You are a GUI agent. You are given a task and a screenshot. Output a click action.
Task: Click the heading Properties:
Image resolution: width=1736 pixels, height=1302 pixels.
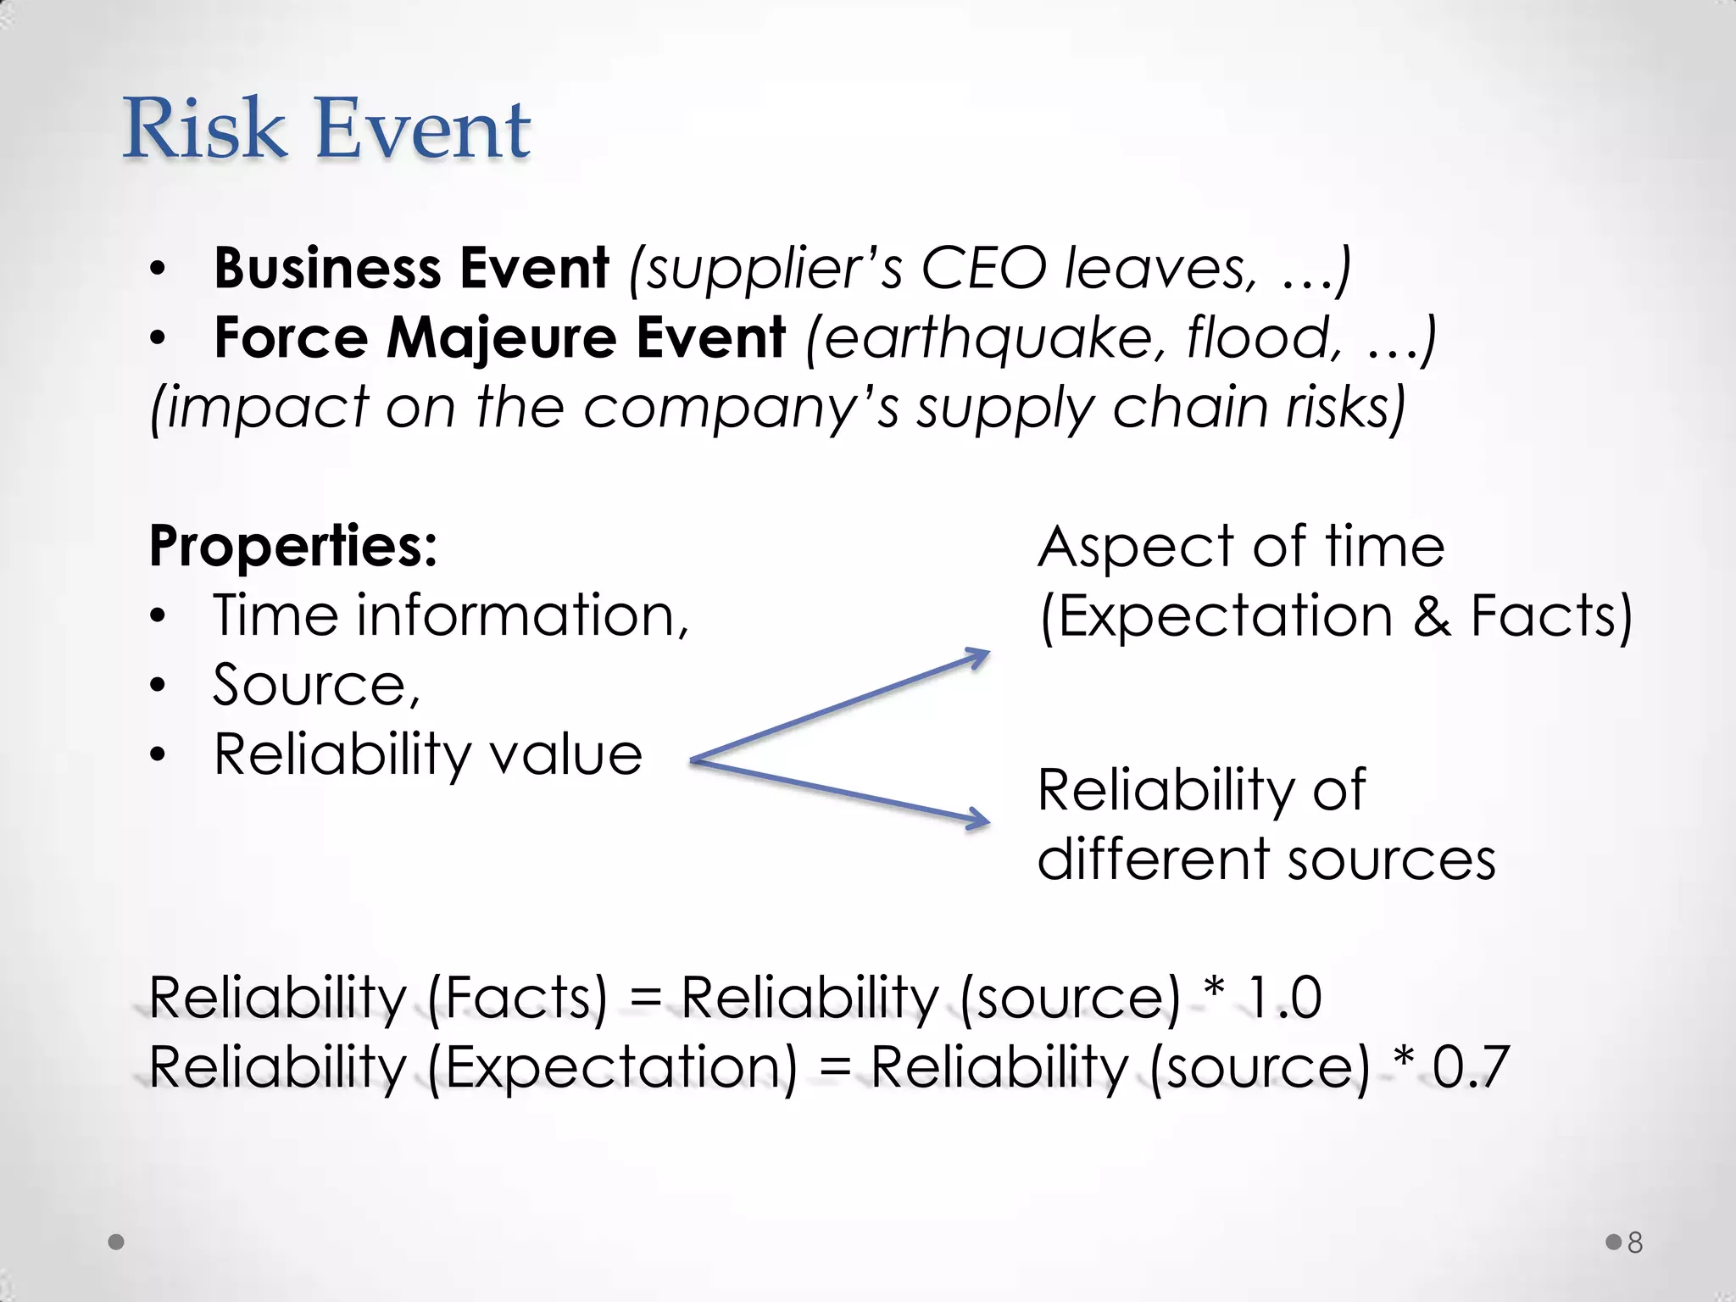293,546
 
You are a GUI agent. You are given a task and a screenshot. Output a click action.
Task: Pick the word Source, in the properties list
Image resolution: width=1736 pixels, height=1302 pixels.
316,685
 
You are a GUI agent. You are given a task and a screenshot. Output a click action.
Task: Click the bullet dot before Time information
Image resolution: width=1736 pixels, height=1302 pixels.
158,616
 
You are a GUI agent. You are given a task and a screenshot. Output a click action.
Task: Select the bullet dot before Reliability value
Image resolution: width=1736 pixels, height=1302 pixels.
158,755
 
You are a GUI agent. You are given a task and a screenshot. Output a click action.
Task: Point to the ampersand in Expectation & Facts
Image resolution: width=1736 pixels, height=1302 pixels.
1432,616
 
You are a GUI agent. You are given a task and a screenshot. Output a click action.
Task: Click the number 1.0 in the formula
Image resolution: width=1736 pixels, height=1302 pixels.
1284,998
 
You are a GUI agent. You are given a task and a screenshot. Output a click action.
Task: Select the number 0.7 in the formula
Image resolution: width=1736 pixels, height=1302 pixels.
1471,1067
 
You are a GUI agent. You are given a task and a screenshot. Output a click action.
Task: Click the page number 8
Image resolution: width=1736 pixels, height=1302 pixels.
1635,1243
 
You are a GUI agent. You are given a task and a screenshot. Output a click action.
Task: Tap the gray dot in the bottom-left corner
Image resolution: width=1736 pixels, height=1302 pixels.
117,1243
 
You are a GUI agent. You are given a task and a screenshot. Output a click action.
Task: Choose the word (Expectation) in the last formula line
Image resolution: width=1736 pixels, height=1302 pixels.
612,1067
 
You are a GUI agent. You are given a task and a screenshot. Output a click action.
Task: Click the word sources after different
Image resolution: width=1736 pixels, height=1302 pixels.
1391,860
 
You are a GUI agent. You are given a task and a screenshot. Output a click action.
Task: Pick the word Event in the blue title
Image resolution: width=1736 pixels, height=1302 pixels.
423,129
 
